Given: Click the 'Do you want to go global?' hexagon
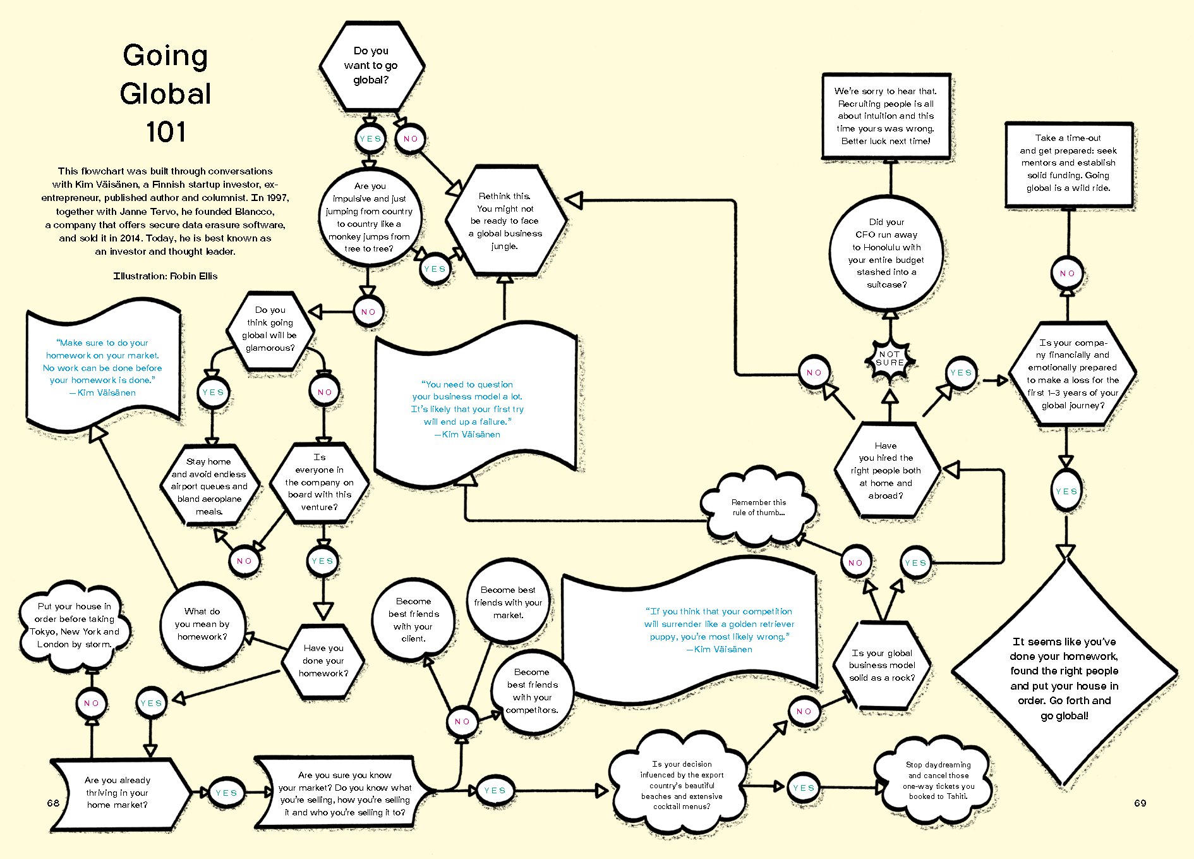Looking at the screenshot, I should coord(371,66).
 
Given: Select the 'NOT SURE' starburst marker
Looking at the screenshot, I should coord(889,358).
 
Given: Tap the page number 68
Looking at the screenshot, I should coord(53,803).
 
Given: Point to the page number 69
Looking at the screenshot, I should coord(1140,803).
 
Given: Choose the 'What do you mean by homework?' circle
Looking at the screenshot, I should coord(202,624).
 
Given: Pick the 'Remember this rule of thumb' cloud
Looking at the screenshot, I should coord(758,507).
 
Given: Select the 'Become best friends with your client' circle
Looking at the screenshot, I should coord(413,619).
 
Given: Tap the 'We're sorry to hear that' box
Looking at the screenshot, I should coord(886,116).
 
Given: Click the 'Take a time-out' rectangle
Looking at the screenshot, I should coord(1068,163).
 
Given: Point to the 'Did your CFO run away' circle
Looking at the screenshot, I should coord(886,253).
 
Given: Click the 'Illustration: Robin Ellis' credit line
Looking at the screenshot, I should coord(166,276).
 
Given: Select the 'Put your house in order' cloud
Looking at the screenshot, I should coord(75,625).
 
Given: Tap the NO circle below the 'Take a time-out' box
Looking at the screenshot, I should coord(1067,273).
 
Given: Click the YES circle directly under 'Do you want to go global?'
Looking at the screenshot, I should coord(370,139).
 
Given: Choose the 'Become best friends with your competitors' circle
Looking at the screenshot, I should coord(532,691).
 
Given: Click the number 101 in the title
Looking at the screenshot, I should coord(166,132).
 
